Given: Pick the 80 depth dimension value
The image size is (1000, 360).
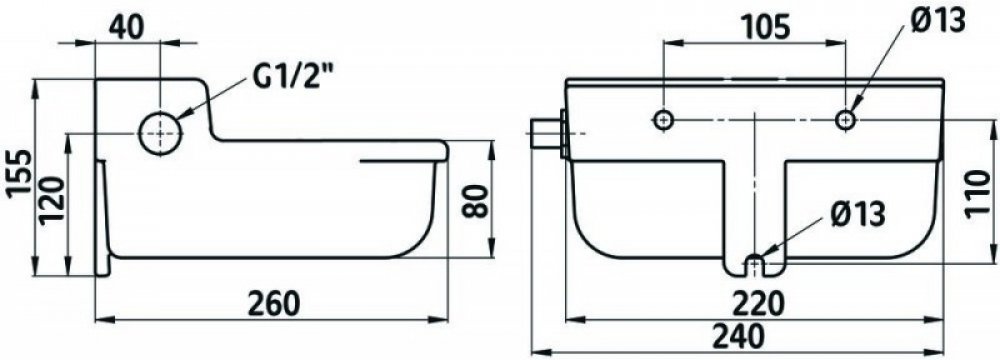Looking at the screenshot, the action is pos(475,201).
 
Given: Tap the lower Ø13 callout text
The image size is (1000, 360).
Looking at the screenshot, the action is pos(858,215).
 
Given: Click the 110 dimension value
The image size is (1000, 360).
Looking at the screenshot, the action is pos(978,195).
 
